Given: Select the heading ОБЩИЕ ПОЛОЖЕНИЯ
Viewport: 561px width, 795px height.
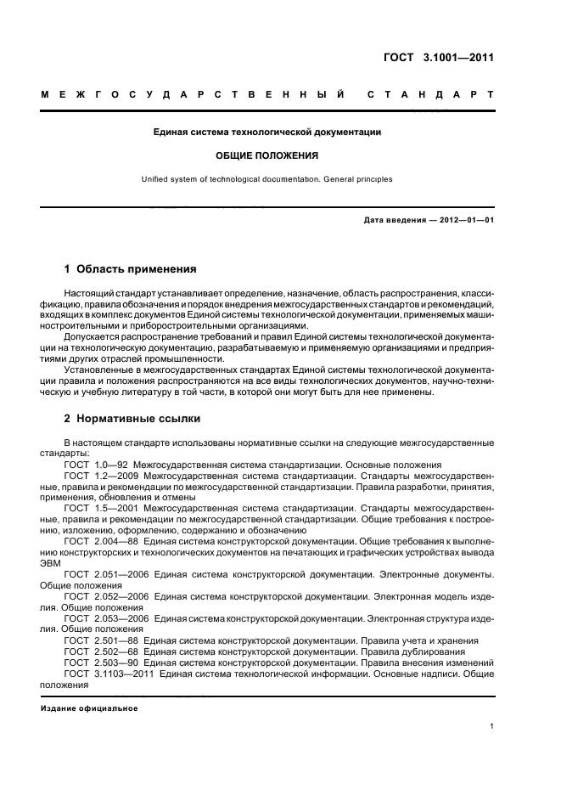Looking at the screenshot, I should (x=266, y=155).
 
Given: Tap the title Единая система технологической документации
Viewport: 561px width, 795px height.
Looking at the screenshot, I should (x=266, y=132).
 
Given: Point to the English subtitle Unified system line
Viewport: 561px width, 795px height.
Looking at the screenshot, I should (x=266, y=179).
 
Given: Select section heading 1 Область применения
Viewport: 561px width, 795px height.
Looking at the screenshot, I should (x=131, y=269).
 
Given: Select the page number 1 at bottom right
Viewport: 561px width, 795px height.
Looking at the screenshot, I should (x=492, y=726).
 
